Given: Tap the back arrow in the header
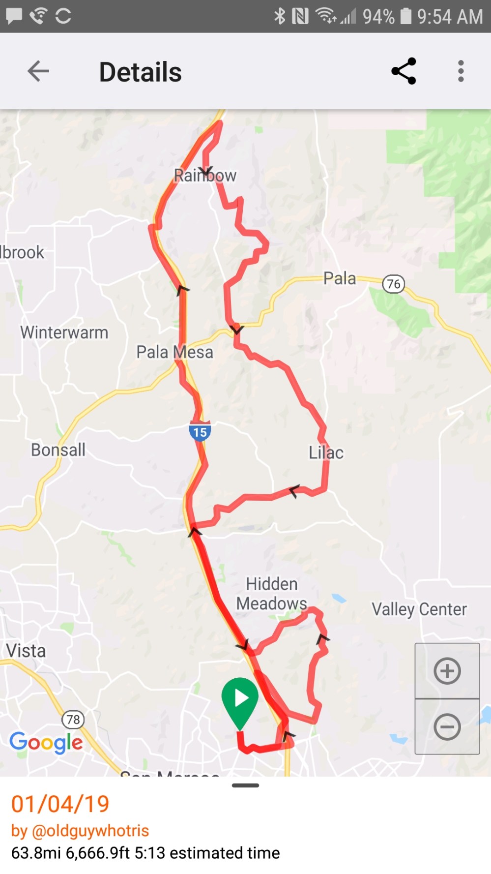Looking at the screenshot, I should coord(38,71).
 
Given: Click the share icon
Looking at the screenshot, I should coord(404,71).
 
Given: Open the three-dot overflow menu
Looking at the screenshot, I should coord(461,71).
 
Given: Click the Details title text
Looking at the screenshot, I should coord(140,72).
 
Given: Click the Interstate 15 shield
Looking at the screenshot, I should coord(200,431).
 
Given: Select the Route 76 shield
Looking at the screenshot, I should coord(393,284).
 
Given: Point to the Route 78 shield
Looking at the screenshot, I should coord(73,720).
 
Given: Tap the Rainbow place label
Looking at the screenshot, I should coord(205,176).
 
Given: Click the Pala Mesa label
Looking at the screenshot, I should coord(174,352).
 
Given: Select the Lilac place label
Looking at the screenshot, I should coord(326,452).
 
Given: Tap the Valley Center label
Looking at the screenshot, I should coord(419,609).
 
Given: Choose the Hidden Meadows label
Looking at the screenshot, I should coord(272,594).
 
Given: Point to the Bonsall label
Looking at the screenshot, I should coord(58,450).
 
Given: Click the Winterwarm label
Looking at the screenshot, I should coord(64,332).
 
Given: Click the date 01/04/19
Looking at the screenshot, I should coord(60,804).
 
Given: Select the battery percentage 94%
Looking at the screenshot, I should coord(378,17).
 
